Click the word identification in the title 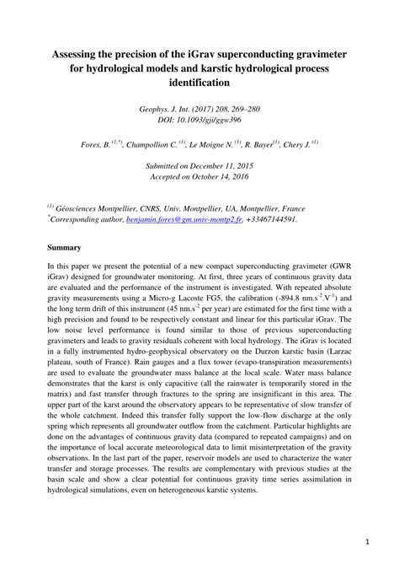pos(199,83)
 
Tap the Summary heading pos(64,248)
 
